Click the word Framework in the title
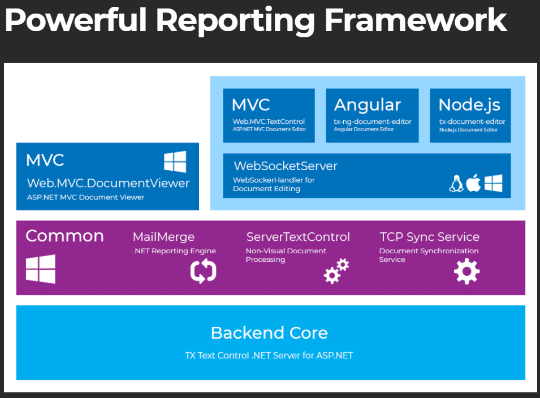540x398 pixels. pos(416,20)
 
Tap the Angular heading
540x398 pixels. pos(367,105)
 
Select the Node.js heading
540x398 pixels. pos(469,105)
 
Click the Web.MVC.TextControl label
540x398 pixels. pos(269,121)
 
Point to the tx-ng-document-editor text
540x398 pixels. pos(373,121)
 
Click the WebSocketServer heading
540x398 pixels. pos(286,166)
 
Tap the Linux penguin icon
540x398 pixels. pos(456,183)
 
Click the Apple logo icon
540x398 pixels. pos(474,183)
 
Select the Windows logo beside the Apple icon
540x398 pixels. pos(494,183)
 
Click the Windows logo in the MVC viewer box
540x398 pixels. pos(175,162)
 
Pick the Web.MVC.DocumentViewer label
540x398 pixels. pos(108,183)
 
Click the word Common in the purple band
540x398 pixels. pos(64,236)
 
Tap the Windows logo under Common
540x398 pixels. pos(41,269)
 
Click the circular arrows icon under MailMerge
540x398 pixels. pos(203,271)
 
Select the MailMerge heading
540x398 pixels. pos(163,237)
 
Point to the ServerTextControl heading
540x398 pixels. pos(298,237)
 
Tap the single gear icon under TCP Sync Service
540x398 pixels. pos(466,271)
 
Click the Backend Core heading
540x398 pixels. pos(269,332)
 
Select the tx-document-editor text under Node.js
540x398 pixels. pos(472,121)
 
